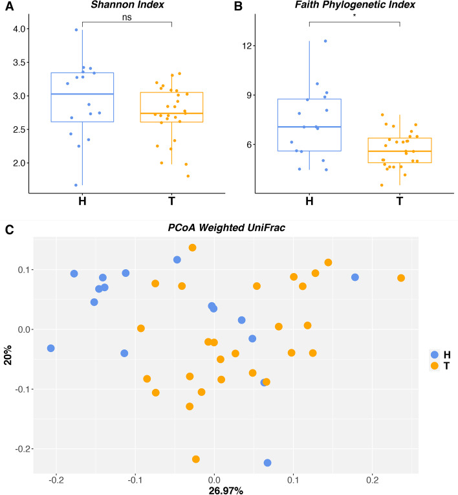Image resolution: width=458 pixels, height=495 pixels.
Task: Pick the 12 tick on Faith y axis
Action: pos(247,46)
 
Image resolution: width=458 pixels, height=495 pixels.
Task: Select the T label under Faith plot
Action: pos(400,200)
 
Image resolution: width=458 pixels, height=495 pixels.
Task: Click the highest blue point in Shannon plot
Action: pos(76,30)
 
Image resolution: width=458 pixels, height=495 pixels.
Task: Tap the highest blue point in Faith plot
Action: pos(325,41)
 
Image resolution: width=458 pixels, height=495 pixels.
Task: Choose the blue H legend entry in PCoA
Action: pos(435,355)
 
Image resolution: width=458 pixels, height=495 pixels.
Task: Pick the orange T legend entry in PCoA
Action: pos(435,366)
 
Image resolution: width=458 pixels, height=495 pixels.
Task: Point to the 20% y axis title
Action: pos(8,355)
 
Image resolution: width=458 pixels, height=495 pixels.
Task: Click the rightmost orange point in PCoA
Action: pos(401,278)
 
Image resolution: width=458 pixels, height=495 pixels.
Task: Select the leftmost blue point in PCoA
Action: pos(50,348)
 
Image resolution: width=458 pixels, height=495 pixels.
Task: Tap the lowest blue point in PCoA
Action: pos(267,463)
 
